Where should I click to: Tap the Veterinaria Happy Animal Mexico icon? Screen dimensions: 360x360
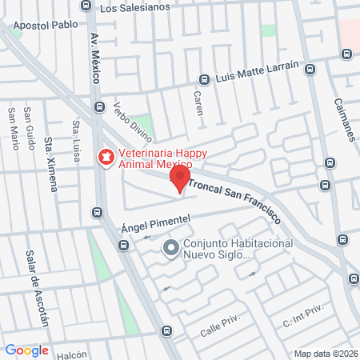click(x=105, y=156)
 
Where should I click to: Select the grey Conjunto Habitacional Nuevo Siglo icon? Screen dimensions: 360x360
click(x=170, y=249)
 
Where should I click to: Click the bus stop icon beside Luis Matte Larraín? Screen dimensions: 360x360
click(x=204, y=79)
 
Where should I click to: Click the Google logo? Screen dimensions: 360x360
click(x=26, y=350)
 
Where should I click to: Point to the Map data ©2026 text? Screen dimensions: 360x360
click(x=326, y=353)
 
